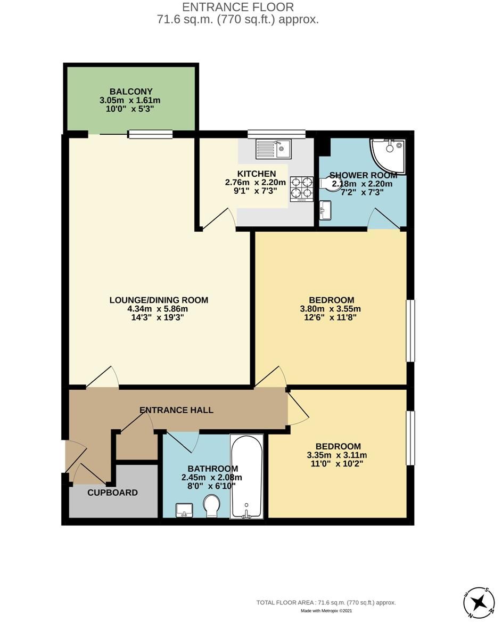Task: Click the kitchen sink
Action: [273, 149]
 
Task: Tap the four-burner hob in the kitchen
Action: [301, 189]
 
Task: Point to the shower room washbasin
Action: [325, 210]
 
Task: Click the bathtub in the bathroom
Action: [246, 477]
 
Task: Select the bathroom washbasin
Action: [184, 510]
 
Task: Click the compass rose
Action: [479, 602]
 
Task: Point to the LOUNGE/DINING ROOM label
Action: [159, 300]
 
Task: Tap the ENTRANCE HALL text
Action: [176, 410]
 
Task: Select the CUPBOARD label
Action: [112, 493]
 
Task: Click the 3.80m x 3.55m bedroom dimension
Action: [330, 309]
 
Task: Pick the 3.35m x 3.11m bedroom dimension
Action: [337, 455]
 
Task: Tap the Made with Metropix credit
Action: [326, 611]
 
